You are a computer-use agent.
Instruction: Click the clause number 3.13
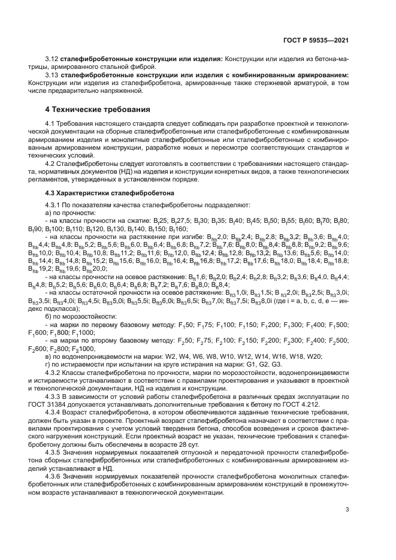click(x=53, y=75)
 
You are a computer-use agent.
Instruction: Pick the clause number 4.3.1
click(x=55, y=204)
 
